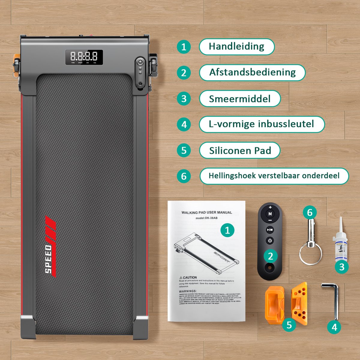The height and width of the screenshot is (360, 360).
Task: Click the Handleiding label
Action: pyautogui.click(x=236, y=46)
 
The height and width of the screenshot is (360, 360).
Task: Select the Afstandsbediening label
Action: pyautogui.click(x=252, y=73)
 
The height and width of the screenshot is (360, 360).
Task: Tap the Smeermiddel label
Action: pyautogui.click(x=240, y=99)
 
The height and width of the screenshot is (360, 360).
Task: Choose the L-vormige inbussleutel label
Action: pyautogui.click(x=261, y=124)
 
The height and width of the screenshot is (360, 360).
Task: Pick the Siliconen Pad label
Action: pyautogui.click(x=240, y=150)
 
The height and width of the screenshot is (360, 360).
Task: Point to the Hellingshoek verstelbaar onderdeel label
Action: pyautogui.click(x=274, y=176)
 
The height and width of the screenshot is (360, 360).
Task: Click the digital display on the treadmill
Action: pyautogui.click(x=84, y=57)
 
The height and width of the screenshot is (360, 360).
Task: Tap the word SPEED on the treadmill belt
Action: pyautogui.click(x=48, y=259)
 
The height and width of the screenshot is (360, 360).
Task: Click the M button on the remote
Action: pyautogui.click(x=270, y=214)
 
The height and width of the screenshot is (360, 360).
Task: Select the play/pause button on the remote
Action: pyautogui.click(x=270, y=230)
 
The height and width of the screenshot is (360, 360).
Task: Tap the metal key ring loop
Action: pyautogui.click(x=310, y=253)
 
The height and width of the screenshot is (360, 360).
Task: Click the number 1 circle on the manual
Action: pyautogui.click(x=227, y=230)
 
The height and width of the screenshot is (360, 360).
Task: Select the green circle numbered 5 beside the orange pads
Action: pyautogui.click(x=289, y=325)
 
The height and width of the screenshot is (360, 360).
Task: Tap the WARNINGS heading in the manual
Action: pyautogui.click(x=188, y=291)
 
